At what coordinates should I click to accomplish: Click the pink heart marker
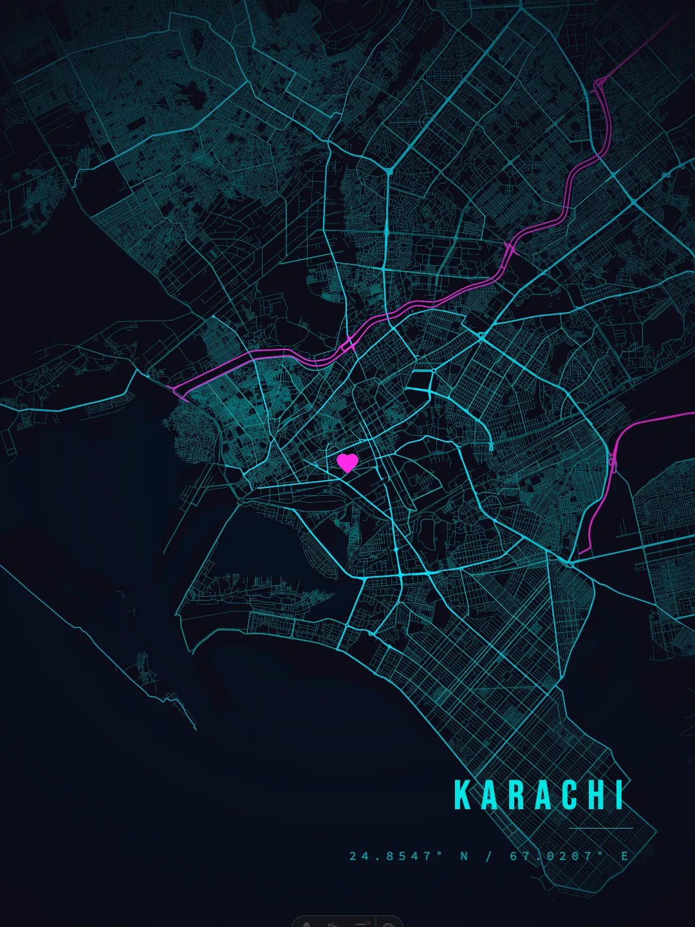pyautogui.click(x=347, y=462)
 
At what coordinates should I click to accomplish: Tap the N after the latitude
pyautogui.click(x=464, y=856)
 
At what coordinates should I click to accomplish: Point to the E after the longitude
pyautogui.click(x=624, y=856)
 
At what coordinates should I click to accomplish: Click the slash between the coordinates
pyautogui.click(x=488, y=856)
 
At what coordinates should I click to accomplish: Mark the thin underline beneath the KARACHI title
pyautogui.click(x=601, y=828)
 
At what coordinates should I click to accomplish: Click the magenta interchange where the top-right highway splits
pyautogui.click(x=599, y=82)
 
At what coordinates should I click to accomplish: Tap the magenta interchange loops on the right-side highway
pyautogui.click(x=612, y=462)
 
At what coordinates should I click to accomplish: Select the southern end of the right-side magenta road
pyautogui.click(x=580, y=552)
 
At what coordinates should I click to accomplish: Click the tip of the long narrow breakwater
pyautogui.click(x=194, y=728)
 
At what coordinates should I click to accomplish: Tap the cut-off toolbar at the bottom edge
pyautogui.click(x=347, y=921)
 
